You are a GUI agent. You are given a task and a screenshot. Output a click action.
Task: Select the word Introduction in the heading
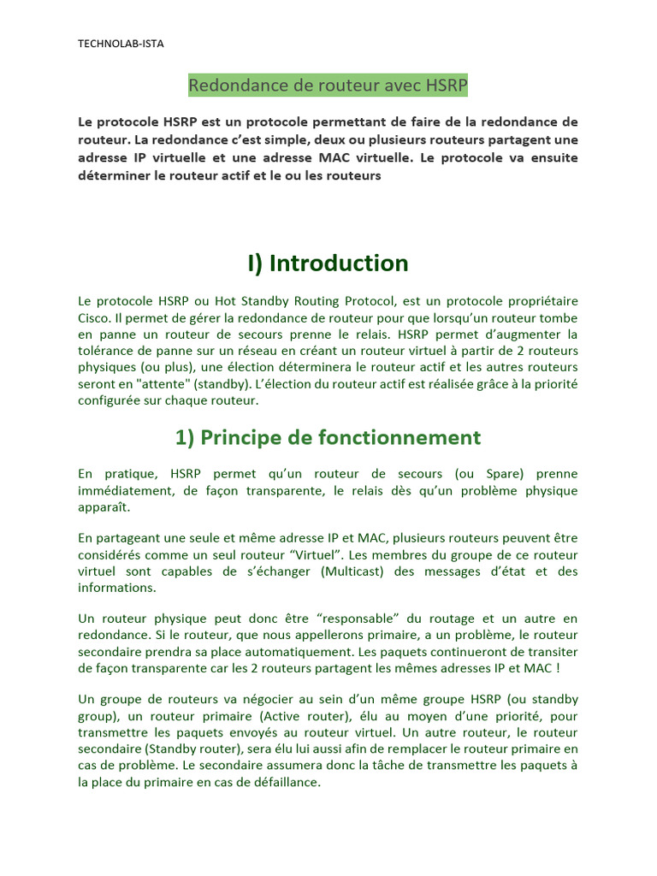(339, 263)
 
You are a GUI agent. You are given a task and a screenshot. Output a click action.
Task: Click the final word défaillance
(279, 782)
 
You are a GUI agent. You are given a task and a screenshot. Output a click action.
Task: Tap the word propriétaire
(539, 301)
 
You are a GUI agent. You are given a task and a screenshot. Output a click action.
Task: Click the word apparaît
(104, 506)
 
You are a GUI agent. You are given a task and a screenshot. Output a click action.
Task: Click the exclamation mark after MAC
(558, 667)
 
